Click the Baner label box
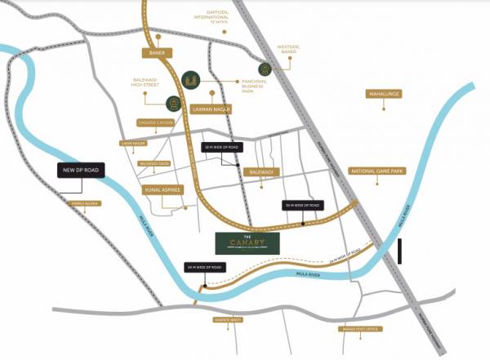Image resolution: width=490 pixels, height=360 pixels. click(x=153, y=53)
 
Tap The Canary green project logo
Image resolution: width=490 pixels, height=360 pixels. click(x=247, y=241)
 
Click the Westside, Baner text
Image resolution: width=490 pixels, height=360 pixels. click(x=290, y=51)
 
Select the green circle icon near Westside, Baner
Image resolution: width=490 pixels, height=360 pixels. click(x=264, y=69)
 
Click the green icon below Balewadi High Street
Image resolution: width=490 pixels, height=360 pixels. click(x=174, y=104)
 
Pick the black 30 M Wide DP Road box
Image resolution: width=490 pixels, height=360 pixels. click(x=302, y=205)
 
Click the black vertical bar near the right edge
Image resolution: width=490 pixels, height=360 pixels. click(x=401, y=251)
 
